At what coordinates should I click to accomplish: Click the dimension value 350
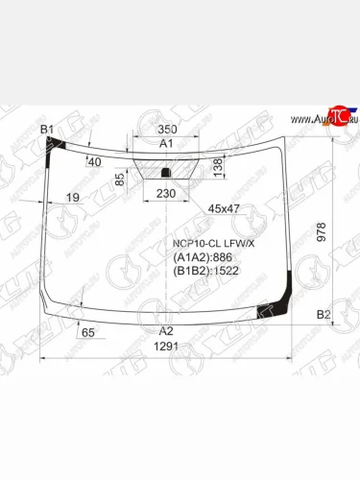point(168,129)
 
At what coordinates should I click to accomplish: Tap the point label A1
point(166,144)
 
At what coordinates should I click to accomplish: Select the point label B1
point(46,130)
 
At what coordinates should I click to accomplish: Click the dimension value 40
point(94,161)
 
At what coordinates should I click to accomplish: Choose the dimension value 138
point(217,167)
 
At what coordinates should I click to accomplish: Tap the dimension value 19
point(72,198)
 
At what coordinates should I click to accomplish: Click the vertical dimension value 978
point(322,231)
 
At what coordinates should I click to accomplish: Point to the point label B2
point(324,315)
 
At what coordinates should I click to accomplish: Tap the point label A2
point(166,331)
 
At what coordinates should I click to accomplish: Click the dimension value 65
point(88,332)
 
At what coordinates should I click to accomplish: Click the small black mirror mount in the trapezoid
point(166,174)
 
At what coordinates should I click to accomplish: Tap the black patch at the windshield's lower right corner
point(281,307)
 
